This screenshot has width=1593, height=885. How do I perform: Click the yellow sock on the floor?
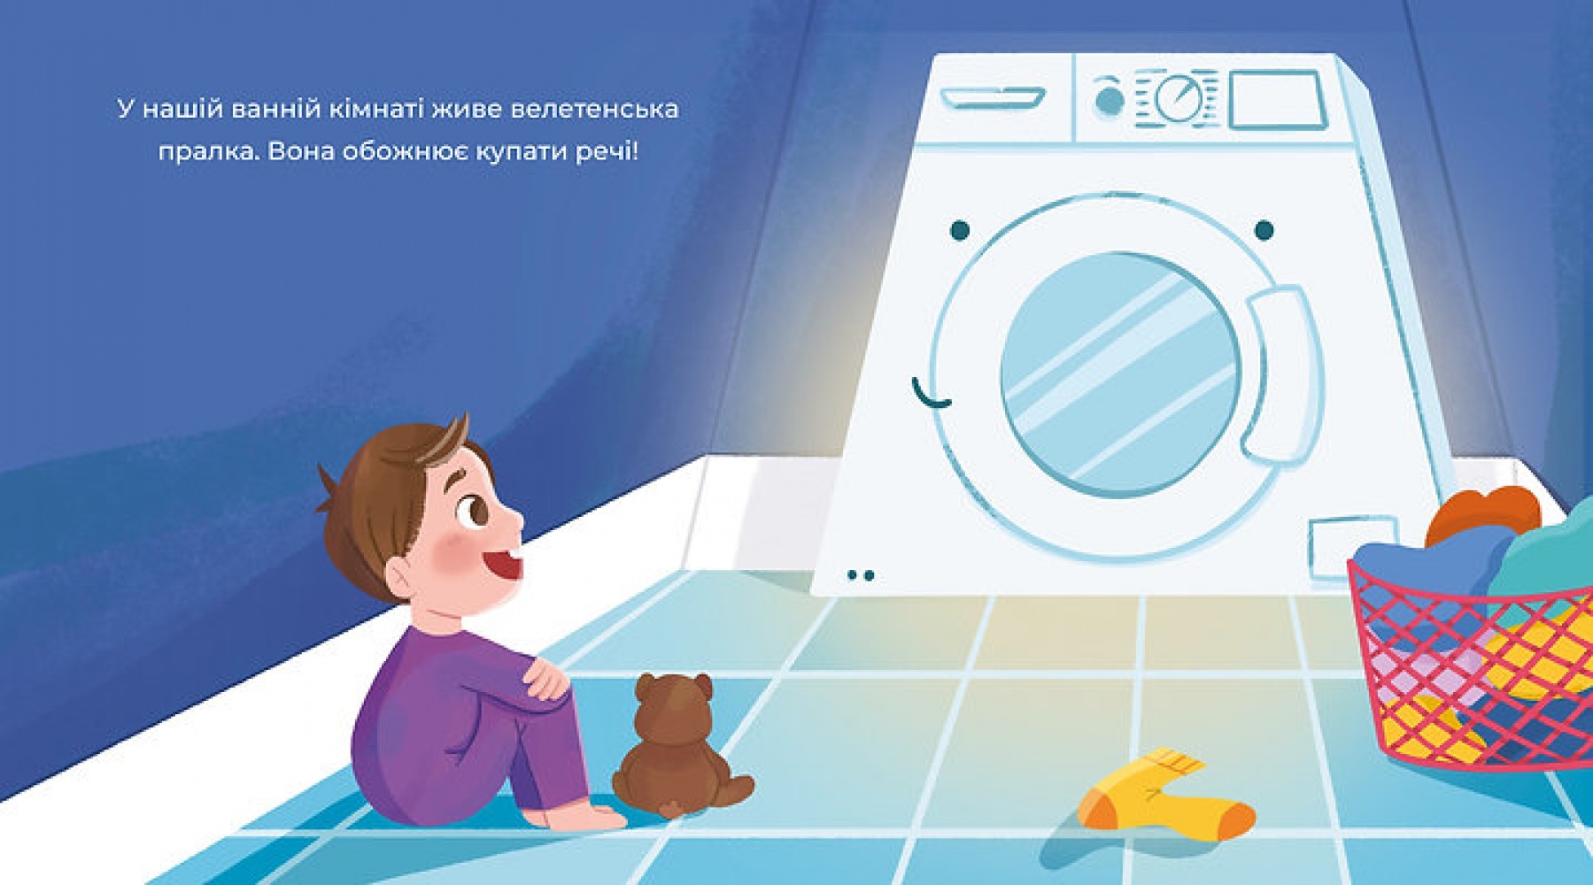[x=1160, y=797]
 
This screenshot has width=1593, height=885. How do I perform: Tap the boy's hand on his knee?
[x=545, y=678]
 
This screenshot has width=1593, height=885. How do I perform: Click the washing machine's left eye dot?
[x=960, y=231]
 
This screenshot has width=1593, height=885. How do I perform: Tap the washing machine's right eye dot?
[x=1264, y=230]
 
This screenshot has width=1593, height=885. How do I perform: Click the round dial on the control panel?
[x=1179, y=98]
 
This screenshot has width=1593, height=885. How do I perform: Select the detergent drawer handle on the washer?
[x=993, y=96]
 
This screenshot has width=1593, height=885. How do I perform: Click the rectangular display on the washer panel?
[x=1278, y=100]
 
